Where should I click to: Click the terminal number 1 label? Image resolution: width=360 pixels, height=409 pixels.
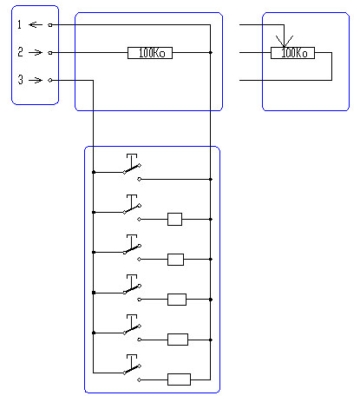tap(19, 24)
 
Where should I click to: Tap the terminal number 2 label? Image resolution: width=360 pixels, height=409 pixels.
tap(20, 52)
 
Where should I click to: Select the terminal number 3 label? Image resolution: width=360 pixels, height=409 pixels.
tap(20, 80)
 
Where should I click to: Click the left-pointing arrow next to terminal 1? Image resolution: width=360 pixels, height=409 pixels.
tap(36, 25)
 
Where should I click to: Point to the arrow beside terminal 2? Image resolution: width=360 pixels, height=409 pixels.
tap(36, 52)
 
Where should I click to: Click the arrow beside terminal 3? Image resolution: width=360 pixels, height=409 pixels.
tap(36, 80)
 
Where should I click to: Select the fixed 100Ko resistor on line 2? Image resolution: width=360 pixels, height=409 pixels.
tap(150, 53)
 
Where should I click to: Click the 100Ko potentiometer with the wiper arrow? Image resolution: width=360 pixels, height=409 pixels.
tap(292, 53)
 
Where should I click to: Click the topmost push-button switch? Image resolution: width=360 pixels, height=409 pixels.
tap(132, 168)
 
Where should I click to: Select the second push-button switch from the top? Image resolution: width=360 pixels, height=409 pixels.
tap(132, 208)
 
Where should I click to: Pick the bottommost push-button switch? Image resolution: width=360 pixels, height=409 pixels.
tap(132, 368)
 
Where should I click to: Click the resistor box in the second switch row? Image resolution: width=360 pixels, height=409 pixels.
tap(175, 219)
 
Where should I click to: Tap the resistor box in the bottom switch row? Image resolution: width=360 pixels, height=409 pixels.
tap(180, 379)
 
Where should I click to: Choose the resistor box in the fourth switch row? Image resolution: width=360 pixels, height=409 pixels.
tap(177, 300)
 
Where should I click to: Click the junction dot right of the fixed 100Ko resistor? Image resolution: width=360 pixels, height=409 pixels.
tap(211, 52)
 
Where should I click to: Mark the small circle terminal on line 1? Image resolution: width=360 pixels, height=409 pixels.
tap(50, 25)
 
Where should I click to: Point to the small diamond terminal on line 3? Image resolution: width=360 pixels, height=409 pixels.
tap(50, 80)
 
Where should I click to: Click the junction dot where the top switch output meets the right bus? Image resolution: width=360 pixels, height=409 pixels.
tap(211, 179)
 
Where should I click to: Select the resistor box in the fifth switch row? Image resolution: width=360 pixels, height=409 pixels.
tap(178, 340)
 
